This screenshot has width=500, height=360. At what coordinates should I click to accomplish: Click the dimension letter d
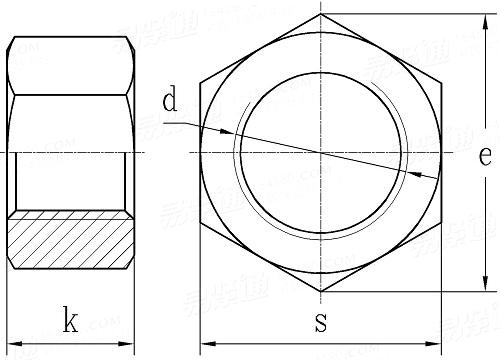pos(170,100)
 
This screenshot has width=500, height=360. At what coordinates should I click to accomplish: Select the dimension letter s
pos(320,322)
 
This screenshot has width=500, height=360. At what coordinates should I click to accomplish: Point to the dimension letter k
pos(70,321)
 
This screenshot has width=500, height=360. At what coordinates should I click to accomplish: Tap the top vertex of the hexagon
pos(321,13)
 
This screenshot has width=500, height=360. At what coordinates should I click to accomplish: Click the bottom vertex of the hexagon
pos(321,292)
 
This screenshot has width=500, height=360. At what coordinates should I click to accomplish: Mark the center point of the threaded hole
pos(321,152)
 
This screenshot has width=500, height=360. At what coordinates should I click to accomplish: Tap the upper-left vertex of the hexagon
pos(200,82)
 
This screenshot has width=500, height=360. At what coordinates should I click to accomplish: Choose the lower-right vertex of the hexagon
pos(441,222)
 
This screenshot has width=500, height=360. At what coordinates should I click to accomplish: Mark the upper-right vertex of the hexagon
pos(441,82)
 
